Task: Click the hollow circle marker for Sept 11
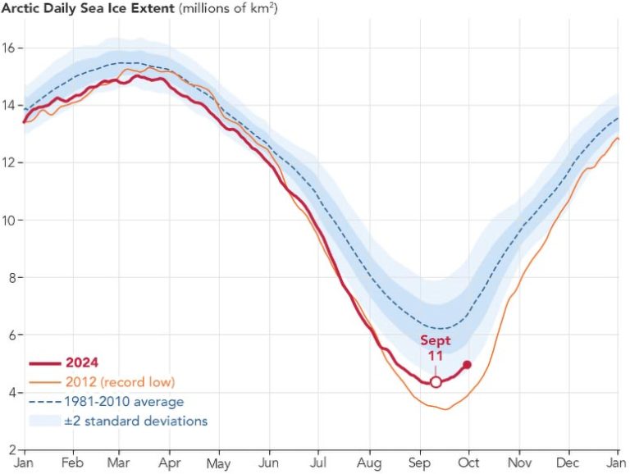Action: click(x=436, y=382)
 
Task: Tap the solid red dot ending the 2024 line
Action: click(x=467, y=365)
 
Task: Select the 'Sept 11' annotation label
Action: click(x=436, y=348)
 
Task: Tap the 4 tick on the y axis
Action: click(x=10, y=393)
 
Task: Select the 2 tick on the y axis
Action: click(x=10, y=450)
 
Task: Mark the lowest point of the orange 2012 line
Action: click(x=445, y=408)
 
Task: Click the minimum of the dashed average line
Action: click(x=443, y=330)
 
